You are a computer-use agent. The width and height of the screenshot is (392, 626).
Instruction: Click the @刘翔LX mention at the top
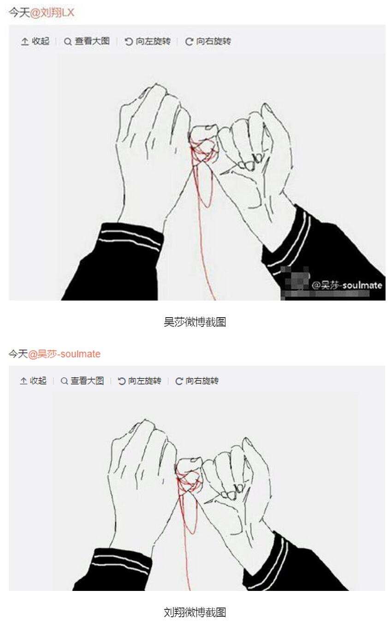tap(52, 13)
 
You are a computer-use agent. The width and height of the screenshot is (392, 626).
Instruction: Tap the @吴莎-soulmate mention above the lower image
tap(64, 354)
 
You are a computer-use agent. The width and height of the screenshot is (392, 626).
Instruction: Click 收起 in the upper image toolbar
tap(36, 42)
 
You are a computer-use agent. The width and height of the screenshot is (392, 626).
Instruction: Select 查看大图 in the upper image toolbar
tap(87, 42)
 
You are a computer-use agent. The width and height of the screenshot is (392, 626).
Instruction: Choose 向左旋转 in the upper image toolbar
tap(148, 42)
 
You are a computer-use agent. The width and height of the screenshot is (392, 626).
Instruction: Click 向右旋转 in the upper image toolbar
tap(208, 42)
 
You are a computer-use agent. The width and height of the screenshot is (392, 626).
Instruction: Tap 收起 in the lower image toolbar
tap(33, 380)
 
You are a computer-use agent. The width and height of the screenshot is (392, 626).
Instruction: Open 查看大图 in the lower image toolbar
tap(83, 380)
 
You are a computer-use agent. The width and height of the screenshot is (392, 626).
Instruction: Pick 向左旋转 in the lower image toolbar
tap(140, 380)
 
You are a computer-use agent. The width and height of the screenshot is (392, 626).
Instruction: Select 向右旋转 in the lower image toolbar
tap(197, 380)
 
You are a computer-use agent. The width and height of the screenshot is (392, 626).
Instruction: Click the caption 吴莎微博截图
tap(195, 322)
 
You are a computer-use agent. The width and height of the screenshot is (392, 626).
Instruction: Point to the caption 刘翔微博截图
tap(195, 612)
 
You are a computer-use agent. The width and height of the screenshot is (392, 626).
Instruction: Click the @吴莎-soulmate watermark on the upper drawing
tap(347, 285)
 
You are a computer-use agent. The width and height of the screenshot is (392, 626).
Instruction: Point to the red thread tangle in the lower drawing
tap(189, 481)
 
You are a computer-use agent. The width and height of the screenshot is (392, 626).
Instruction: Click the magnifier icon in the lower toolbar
tap(64, 381)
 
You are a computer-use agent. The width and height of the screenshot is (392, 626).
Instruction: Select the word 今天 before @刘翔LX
tap(19, 13)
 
